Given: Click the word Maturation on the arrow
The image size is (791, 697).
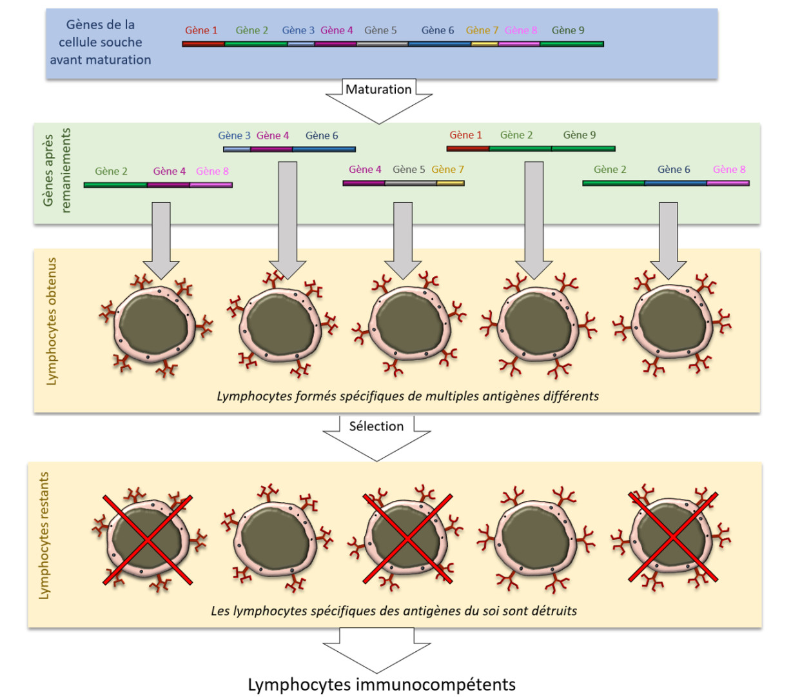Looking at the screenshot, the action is [378, 90].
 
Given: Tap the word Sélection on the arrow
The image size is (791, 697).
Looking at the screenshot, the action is [376, 426].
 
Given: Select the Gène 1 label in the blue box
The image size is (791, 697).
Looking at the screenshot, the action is [200, 30].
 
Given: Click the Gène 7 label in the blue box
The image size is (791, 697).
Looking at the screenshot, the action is [482, 30].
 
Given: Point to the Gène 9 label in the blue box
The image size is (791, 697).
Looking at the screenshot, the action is [568, 30].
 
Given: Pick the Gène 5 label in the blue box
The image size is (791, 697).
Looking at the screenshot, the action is [380, 30].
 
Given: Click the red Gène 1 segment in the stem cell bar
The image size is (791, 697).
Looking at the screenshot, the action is [204, 44].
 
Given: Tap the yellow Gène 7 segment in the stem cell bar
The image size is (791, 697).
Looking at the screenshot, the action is [484, 44].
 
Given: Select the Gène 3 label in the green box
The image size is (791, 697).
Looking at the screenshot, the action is [234, 136].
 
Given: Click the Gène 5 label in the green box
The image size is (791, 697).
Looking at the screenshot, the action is [408, 169].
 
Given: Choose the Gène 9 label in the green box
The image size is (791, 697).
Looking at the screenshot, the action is [579, 135].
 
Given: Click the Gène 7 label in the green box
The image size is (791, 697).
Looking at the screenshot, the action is [447, 169].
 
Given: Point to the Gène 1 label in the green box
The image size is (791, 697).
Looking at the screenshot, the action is [465, 135].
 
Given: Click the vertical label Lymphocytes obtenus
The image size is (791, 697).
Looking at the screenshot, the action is [51, 321].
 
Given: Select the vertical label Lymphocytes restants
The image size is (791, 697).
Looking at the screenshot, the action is [44, 536].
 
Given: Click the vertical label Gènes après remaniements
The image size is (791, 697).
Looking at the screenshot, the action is [57, 170].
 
